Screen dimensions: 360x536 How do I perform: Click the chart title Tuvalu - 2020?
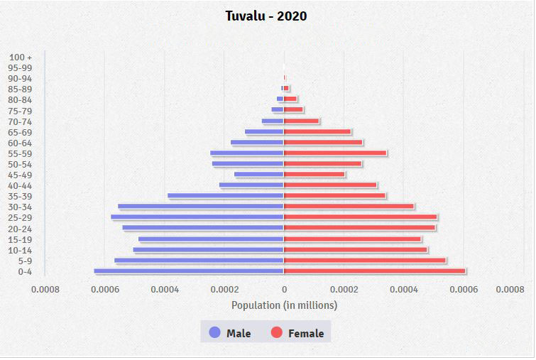pos(266,16)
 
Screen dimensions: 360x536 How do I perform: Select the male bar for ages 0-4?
pos(189,271)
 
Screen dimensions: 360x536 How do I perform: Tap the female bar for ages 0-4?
pos(375,271)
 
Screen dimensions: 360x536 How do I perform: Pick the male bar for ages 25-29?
pos(197,217)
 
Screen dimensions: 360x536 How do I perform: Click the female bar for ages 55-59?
pos(335,153)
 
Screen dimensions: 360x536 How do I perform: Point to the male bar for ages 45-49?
pos(259,175)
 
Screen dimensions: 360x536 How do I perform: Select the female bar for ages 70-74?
pos(302,121)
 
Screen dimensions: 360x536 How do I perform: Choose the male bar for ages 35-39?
pos(226,196)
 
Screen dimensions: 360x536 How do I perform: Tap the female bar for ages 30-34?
pos(349,207)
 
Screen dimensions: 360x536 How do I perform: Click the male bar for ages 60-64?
pos(257,142)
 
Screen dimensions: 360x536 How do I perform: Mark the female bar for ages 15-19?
pos(353,239)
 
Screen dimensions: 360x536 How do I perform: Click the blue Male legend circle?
pos(215,332)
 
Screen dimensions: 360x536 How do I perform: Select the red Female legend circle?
pos(277,332)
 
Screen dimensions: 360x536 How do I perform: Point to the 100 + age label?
pos(21,57)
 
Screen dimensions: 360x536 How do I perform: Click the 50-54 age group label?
pos(20,164)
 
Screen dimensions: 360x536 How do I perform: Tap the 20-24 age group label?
pos(20,229)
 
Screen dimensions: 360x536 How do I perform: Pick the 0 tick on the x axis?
pos(284,290)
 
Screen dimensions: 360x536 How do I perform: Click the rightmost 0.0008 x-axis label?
pos(510,290)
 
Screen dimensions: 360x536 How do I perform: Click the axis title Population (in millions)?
pos(284,305)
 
